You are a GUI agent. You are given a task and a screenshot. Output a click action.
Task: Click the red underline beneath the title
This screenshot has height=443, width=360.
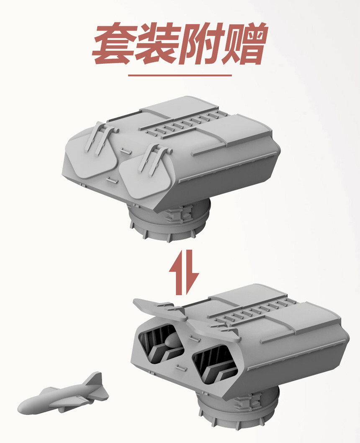pos(180,75)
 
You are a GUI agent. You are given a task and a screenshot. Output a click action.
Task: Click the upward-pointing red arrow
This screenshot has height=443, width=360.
pos(177,272)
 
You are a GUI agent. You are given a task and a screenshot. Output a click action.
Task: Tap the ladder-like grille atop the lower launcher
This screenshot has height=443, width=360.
pos(254,312)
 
